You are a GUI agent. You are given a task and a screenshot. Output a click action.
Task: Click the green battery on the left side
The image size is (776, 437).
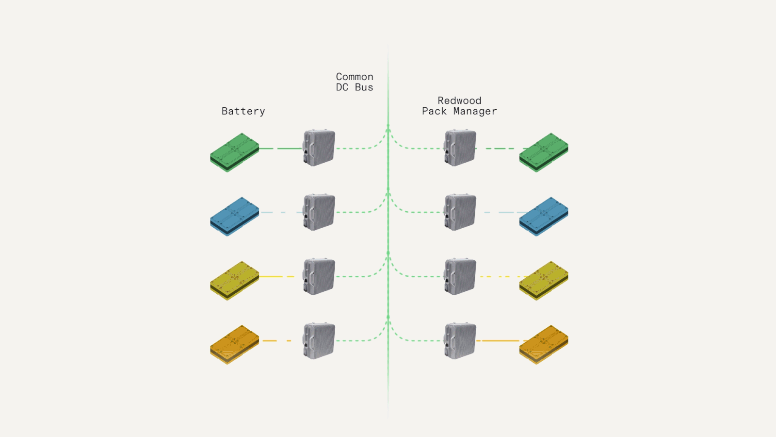[x=234, y=152]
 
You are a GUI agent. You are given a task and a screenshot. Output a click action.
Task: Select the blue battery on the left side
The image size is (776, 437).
[x=234, y=216]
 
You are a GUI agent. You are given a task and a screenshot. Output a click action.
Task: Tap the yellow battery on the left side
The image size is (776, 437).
[x=234, y=280]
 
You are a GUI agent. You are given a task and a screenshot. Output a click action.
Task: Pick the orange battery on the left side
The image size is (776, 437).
[x=234, y=344]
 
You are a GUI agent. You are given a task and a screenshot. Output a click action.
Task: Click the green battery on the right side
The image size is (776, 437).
[x=544, y=152]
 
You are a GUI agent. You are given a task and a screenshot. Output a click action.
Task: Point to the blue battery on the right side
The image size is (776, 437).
[x=544, y=216]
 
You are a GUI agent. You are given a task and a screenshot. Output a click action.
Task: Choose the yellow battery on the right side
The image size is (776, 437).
[x=544, y=280]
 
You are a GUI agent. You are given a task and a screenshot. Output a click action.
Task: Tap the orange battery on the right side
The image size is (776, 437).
[x=544, y=344]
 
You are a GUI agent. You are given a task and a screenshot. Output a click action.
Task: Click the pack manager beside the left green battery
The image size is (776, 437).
[x=319, y=148]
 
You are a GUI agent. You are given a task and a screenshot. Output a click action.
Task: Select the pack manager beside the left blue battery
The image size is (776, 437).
[x=319, y=212]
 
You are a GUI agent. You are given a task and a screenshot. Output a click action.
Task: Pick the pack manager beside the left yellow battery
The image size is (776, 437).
[x=319, y=276]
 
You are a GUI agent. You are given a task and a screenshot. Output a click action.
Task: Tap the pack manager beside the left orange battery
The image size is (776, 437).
[x=319, y=340]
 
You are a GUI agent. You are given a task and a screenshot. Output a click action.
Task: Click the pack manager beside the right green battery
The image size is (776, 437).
[x=460, y=148]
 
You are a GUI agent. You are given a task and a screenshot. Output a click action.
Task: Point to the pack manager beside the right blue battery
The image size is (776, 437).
[x=460, y=212]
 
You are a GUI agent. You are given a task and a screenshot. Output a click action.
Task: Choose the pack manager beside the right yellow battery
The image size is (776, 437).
[x=460, y=276]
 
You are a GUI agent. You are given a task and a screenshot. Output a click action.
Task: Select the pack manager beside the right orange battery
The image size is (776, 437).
[x=460, y=340]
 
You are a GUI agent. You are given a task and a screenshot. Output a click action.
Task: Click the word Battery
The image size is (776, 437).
[x=243, y=111]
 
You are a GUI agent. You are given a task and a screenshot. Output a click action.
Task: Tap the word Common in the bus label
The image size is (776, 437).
[x=355, y=77]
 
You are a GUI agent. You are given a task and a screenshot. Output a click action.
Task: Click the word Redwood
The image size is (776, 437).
[x=459, y=101]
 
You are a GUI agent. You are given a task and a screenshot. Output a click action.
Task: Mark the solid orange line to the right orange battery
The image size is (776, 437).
[x=500, y=341]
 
